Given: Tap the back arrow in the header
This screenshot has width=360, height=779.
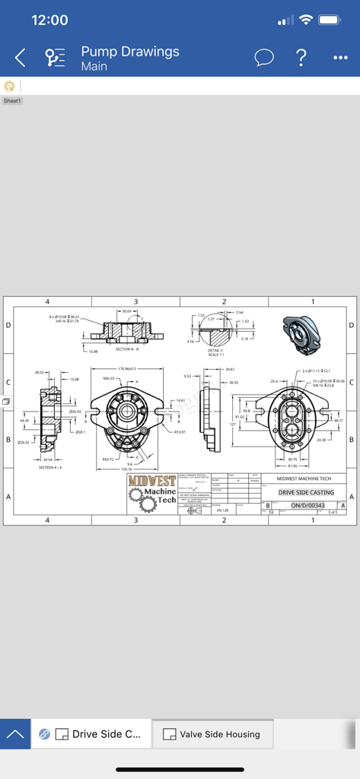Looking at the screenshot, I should [x=21, y=58].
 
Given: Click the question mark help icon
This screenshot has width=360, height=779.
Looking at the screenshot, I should [x=301, y=58].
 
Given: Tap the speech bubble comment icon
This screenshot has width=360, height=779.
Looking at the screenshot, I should [x=264, y=58].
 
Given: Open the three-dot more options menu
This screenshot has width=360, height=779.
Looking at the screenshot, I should [x=340, y=58].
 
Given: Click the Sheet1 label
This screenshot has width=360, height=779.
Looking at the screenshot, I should [x=12, y=100].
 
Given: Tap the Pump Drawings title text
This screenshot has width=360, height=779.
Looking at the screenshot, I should [x=130, y=52].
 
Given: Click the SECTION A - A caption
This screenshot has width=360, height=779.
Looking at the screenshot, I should [x=52, y=468].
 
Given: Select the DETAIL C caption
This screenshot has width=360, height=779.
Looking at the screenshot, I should [x=216, y=351].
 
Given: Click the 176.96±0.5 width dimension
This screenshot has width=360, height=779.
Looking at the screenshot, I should [x=126, y=369].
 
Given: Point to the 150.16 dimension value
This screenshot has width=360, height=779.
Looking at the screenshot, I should [x=126, y=469].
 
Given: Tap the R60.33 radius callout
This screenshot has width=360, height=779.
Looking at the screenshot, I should [x=109, y=378].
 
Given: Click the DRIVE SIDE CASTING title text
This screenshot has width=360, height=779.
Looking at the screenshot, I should [x=305, y=492].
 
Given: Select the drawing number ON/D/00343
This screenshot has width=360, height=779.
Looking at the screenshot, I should [x=307, y=505].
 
